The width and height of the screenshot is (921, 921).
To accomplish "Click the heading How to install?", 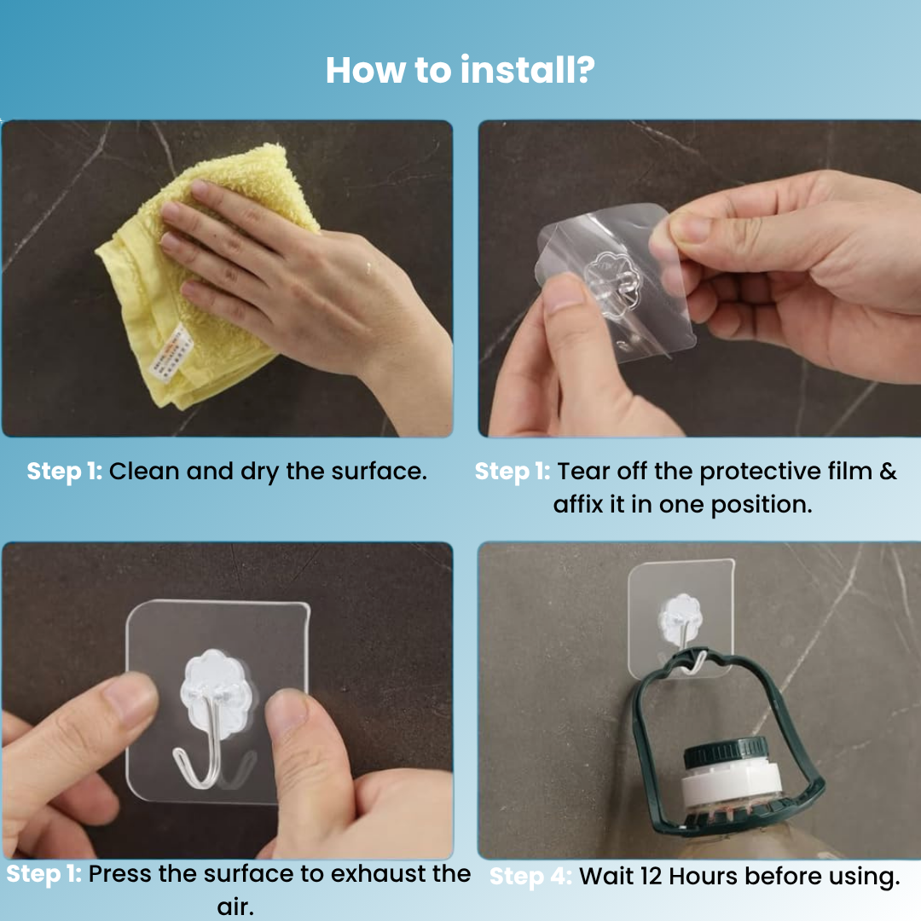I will [460, 70].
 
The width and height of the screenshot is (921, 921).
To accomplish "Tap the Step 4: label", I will [530, 877].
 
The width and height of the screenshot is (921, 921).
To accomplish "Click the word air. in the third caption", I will [235, 907].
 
